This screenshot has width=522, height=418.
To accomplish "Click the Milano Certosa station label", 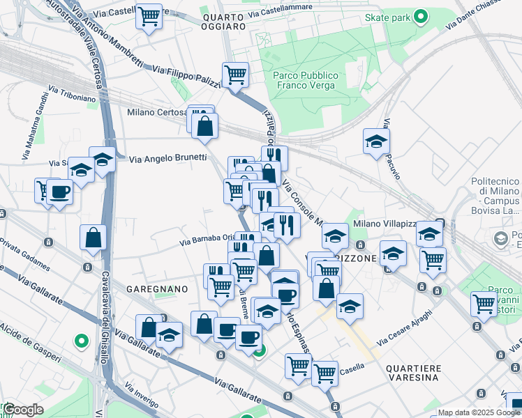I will (x=157, y=111).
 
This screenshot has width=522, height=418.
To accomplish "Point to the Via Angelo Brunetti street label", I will (x=168, y=158).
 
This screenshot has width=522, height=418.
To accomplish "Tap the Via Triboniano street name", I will (x=72, y=94).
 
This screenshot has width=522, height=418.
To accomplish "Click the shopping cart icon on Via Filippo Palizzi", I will (x=235, y=74).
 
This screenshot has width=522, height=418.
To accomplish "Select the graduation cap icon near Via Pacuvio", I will (x=376, y=141).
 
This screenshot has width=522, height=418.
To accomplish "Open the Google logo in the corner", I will (x=23, y=410).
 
